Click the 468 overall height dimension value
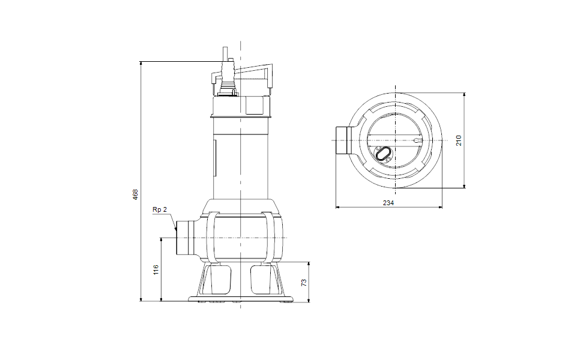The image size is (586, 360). click(x=136, y=194)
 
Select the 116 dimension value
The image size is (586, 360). click(x=156, y=269)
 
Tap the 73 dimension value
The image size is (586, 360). click(x=303, y=282)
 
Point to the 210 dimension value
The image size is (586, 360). click(x=459, y=140)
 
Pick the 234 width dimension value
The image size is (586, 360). click(x=388, y=203)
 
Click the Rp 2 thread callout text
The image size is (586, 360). click(x=159, y=210)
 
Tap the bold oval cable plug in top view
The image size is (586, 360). click(x=382, y=154)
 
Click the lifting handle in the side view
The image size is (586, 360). click(x=252, y=72)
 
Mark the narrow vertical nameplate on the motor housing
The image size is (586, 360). click(x=214, y=158)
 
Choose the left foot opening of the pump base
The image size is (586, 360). click(x=220, y=279)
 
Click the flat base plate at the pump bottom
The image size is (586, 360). click(x=240, y=298)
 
